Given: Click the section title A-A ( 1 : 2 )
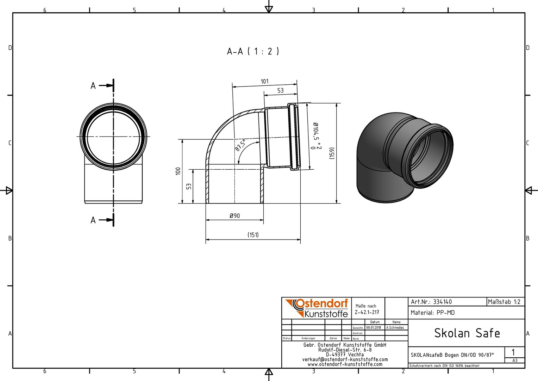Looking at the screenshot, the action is coord(253,51).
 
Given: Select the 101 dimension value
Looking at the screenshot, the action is coord(264,81).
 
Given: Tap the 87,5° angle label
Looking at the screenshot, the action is coord(240,145).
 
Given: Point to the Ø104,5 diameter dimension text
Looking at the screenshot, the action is coord(315,131).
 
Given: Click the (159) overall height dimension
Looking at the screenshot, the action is coord(332,153).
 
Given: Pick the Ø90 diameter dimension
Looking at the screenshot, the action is coord(234,216).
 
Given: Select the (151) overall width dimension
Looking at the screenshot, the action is coord(253,235).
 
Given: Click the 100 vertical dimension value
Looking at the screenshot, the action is coord(178,171).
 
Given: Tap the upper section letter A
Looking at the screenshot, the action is coord(93,86).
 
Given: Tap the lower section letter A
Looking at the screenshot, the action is coord(93,220).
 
